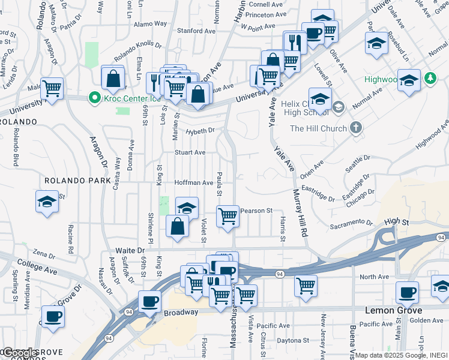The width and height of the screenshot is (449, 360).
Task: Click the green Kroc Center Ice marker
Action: point(94,97)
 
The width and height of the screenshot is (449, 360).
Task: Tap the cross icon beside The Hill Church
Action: point(356,128)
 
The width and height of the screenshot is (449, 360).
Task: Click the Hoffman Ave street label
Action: point(194,182)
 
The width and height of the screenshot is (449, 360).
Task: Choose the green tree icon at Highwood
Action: point(430,78)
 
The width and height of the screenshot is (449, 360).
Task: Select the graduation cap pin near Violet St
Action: point(187,208)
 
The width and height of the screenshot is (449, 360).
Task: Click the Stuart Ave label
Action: point(190,152)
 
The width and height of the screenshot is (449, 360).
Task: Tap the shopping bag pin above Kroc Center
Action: point(113,77)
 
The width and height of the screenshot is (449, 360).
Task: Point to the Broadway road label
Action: point(181,313)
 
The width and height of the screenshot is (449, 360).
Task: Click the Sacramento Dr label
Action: point(352,224)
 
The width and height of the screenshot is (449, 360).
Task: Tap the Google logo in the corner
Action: point(20,352)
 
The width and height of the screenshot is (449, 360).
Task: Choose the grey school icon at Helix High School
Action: point(338,107)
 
